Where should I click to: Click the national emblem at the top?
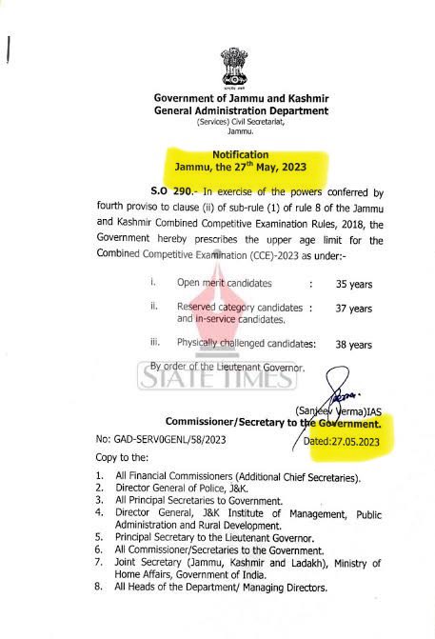(238, 66)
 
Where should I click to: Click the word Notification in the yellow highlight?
(241, 154)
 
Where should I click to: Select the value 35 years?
(353, 284)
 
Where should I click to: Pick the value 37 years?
(353, 309)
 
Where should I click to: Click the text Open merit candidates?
(225, 284)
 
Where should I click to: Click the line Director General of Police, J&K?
(182, 487)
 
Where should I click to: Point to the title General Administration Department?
(241, 111)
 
